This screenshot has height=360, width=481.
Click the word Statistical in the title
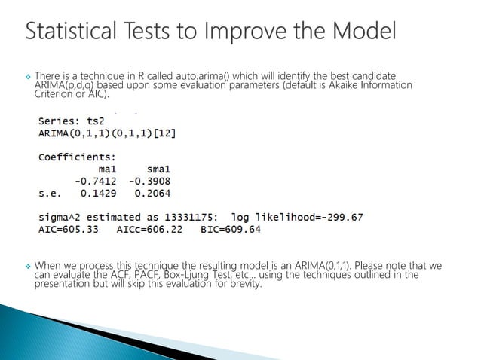coord(72,32)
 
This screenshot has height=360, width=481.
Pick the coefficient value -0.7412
coord(95,182)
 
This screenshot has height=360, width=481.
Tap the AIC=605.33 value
coord(69,230)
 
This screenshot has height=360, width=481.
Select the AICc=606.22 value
coord(149,230)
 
